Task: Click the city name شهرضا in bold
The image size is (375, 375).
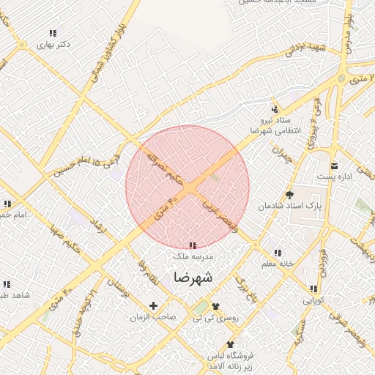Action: click(x=193, y=278)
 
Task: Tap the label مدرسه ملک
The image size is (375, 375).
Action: click(x=193, y=257)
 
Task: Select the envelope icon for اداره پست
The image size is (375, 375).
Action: click(x=334, y=166)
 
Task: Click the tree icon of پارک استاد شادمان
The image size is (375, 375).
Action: click(x=290, y=195)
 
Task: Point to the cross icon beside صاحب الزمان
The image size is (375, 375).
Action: click(x=153, y=305)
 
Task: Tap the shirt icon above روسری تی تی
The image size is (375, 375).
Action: click(x=215, y=306)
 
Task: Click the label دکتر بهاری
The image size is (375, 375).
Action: click(x=56, y=44)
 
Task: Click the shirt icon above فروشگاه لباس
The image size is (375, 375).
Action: click(x=231, y=344)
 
